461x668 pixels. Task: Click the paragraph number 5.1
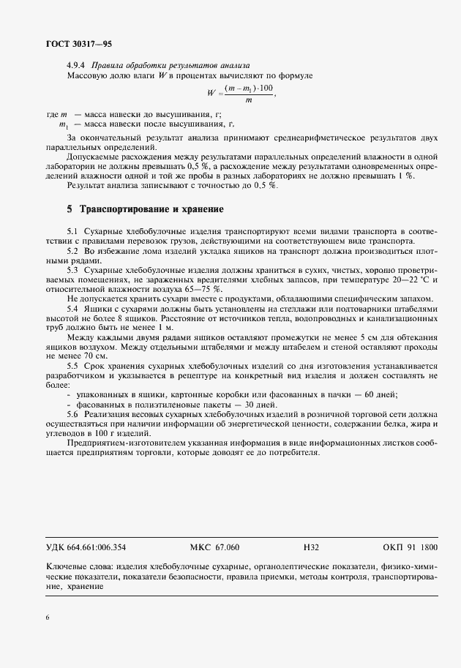click(72, 231)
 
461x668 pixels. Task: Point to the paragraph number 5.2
click(72, 251)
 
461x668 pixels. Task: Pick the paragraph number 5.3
click(72, 270)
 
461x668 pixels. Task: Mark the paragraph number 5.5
click(72, 365)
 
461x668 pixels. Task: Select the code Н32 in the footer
click(311, 547)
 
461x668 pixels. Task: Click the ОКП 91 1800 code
click(410, 547)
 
